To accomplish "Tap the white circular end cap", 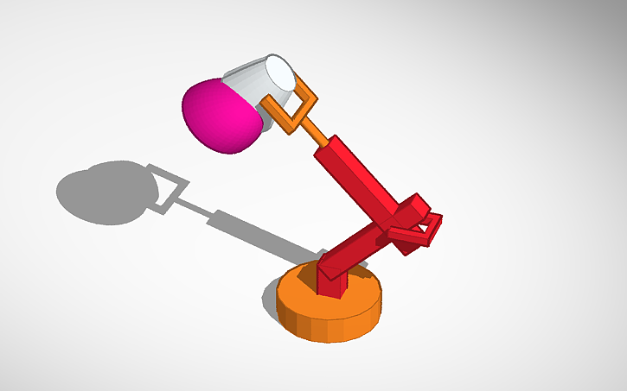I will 281,73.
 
